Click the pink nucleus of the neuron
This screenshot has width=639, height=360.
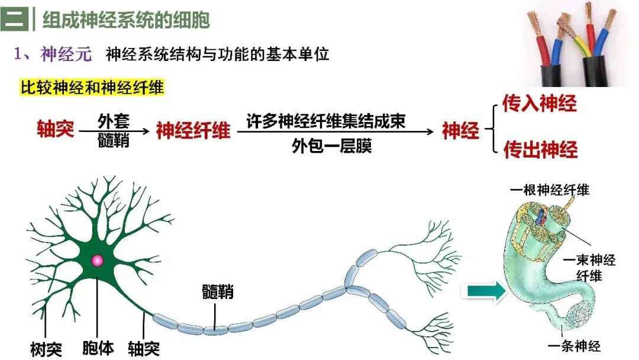(98, 261)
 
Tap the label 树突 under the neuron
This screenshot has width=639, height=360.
(46, 349)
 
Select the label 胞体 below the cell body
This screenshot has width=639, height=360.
(98, 348)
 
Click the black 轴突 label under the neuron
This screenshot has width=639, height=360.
(143, 349)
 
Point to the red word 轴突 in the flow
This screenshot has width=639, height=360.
(56, 129)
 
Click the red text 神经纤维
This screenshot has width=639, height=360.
(193, 130)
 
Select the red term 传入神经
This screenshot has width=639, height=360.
(539, 103)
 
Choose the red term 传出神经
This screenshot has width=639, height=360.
(540, 149)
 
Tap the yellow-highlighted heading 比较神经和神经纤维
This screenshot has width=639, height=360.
(92, 88)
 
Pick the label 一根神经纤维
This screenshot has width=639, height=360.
(549, 190)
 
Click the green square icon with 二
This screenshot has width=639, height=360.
(15, 19)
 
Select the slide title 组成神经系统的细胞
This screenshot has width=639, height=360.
(126, 20)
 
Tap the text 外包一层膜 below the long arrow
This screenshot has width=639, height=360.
(332, 146)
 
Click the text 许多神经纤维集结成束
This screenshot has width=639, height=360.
(326, 121)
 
